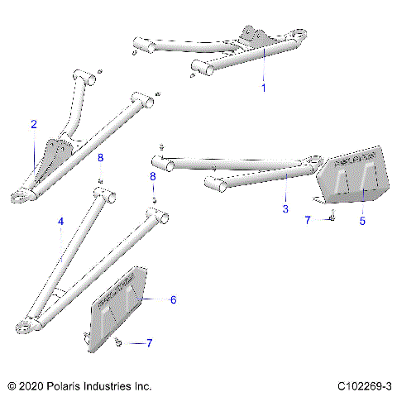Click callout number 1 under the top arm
[264, 87]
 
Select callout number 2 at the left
[34, 125]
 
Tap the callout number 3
[285, 209]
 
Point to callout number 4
[60, 222]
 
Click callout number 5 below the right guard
[361, 221]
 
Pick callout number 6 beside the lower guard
[173, 299]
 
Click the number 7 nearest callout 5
[307, 220]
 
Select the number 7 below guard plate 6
[149, 342]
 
